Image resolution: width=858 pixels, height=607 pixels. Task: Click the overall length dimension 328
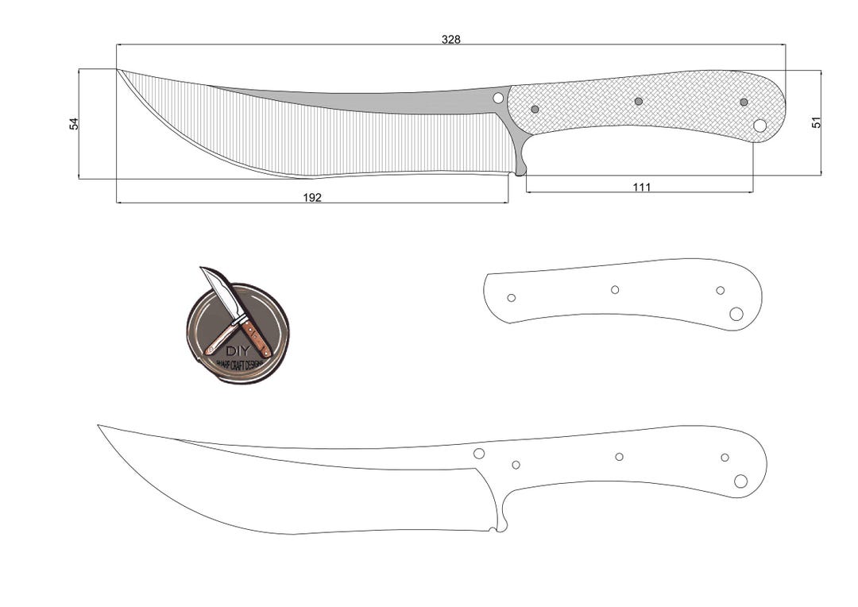tap(451, 39)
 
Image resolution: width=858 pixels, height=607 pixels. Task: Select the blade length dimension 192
tap(312, 198)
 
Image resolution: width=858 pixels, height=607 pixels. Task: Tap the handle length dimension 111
tap(642, 188)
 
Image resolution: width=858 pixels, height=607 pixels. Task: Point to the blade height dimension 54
tap(74, 123)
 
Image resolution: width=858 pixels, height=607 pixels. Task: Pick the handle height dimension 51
tap(816, 122)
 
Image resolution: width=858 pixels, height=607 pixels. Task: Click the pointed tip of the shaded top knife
tap(119, 71)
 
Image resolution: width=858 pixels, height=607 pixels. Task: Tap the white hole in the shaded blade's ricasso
tap(498, 98)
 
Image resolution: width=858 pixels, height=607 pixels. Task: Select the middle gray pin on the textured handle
tap(638, 101)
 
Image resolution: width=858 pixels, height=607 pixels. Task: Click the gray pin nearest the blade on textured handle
tap(535, 109)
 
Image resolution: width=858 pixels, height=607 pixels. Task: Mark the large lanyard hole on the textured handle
tap(759, 126)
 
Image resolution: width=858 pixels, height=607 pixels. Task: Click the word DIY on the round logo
tap(237, 350)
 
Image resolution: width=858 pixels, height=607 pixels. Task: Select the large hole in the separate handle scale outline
tap(736, 314)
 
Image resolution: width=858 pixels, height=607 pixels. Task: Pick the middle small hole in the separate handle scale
tap(615, 289)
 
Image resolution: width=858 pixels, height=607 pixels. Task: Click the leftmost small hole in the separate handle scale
tap(511, 298)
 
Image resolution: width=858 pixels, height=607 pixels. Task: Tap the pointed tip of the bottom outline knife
tap(99, 426)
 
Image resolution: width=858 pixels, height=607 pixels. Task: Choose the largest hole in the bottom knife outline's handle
tap(740, 481)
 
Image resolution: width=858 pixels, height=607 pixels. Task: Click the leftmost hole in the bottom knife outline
tap(479, 454)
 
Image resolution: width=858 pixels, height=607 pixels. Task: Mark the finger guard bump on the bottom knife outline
tap(500, 527)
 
